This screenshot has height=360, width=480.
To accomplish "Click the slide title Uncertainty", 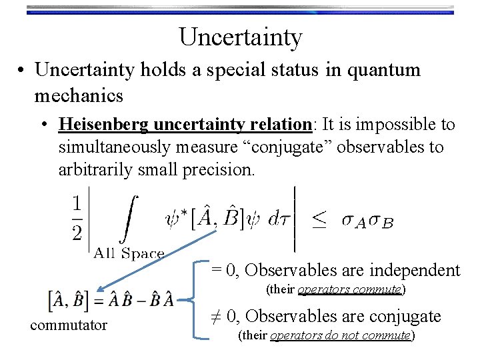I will tap(240, 37).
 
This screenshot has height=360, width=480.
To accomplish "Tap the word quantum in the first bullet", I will tap(385, 70).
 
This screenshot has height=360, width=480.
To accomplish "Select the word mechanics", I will tap(79, 96).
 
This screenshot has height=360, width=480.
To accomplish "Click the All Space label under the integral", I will tap(129, 253).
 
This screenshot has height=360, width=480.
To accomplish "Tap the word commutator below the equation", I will tap(69, 325).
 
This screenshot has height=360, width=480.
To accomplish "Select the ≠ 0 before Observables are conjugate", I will tap(225, 316).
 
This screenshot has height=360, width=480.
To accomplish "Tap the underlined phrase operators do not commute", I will tap(341, 335).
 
